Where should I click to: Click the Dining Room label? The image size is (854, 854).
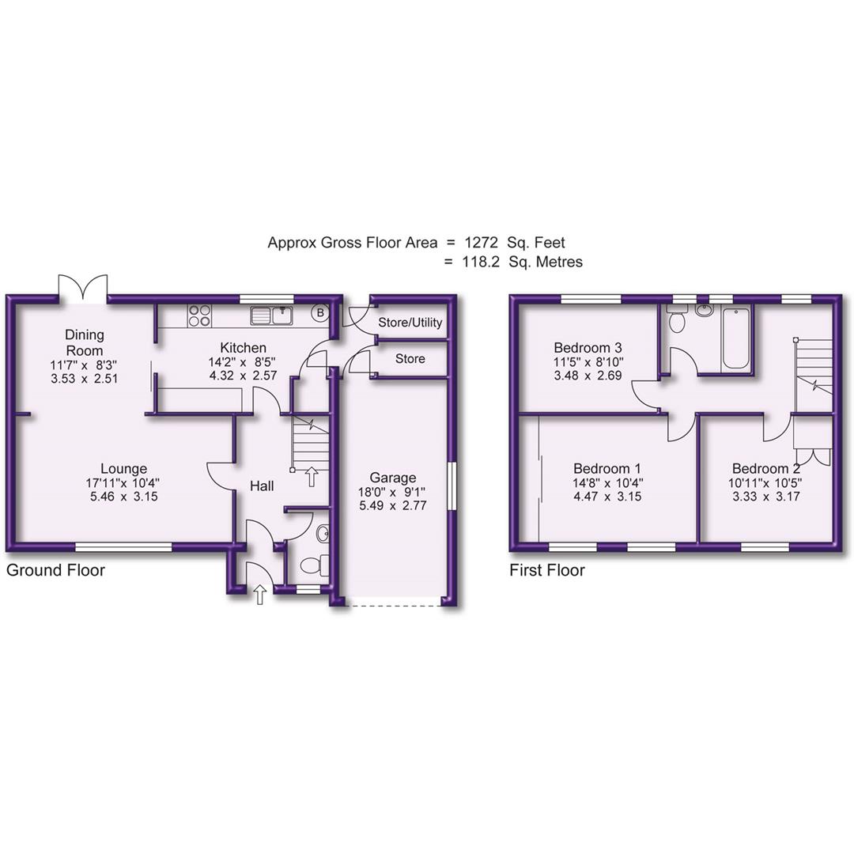tap(84, 342)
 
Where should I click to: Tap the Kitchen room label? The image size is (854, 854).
tap(243, 348)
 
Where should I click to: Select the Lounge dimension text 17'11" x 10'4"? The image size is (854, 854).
tap(117, 482)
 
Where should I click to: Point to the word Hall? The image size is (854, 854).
tap(262, 486)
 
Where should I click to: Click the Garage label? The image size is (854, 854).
tap(393, 478)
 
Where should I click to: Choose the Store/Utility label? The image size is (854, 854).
tap(410, 323)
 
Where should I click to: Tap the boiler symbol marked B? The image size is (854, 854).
tap(320, 313)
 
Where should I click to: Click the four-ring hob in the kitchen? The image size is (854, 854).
tap(199, 316)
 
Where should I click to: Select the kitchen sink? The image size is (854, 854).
tap(271, 316)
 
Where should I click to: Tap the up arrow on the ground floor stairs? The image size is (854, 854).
tap(311, 475)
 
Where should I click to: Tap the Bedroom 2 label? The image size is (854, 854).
tap(765, 468)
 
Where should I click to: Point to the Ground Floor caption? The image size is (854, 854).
tap(55, 570)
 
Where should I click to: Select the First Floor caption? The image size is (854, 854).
tap(547, 570)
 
